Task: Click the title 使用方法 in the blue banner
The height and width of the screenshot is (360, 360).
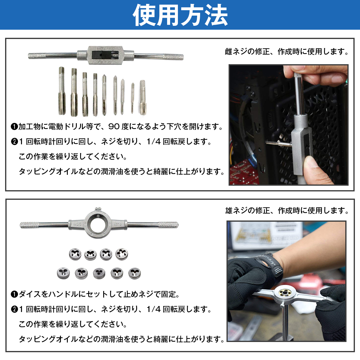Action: [180, 15]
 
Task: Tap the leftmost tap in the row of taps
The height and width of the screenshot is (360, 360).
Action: [62, 91]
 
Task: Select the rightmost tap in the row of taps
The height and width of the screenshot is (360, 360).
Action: [143, 97]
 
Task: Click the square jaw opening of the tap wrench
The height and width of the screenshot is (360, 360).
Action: [106, 55]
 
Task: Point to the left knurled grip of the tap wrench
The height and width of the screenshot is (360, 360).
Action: [37, 56]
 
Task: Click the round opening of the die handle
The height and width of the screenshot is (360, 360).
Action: [98, 225]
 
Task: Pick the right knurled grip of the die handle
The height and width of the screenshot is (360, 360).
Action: [168, 225]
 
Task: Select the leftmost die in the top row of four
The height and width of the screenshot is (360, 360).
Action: [75, 254]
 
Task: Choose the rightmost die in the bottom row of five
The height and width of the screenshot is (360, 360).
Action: [134, 274]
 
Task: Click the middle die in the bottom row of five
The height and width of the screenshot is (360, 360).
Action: [99, 274]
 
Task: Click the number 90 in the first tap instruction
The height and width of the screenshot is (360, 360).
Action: [114, 127]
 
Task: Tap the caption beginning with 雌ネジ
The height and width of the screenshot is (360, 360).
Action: [286, 52]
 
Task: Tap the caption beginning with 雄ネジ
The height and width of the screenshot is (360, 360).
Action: [287, 211]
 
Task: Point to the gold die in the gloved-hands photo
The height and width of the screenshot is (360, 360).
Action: [284, 293]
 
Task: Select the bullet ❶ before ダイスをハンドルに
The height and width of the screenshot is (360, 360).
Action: [14, 295]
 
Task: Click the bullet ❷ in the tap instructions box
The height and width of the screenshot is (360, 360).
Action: [14, 142]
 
